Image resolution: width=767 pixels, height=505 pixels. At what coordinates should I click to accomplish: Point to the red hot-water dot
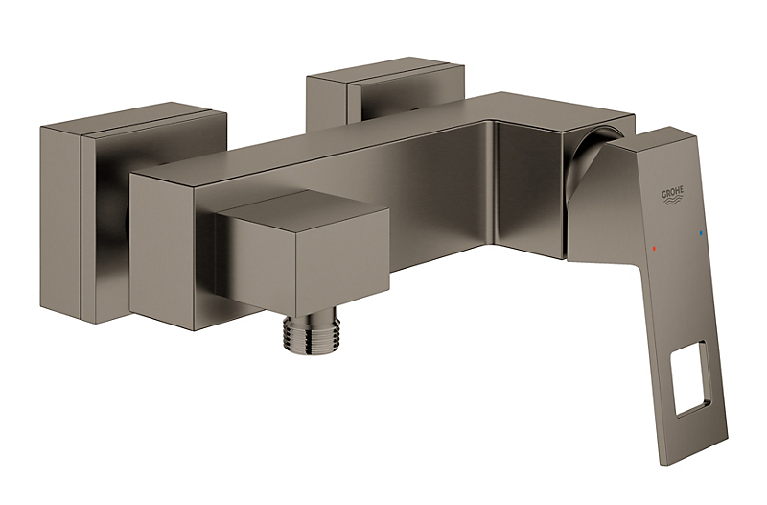(x=654, y=247)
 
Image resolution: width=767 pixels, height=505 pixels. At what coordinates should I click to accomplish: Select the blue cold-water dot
(x=700, y=233)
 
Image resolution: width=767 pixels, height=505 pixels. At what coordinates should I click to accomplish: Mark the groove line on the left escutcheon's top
(x=144, y=120)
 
